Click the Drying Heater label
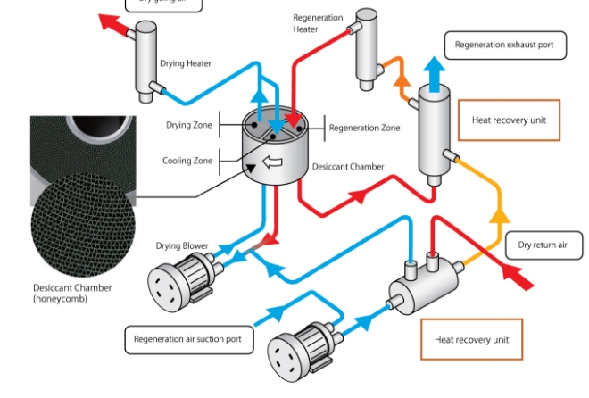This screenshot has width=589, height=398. point(185,64)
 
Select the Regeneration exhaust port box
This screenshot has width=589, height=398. point(504,45)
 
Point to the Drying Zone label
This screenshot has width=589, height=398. point(189,126)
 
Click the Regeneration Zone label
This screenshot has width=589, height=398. point(364,129)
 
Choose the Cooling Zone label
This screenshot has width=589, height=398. point(187,161)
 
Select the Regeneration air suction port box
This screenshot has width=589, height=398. point(187,339)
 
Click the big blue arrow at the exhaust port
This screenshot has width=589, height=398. point(434,71)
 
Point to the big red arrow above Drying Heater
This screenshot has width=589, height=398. point(114,25)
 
